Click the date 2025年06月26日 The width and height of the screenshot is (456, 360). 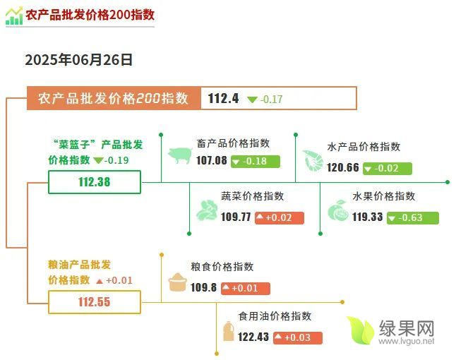[x=79, y=60]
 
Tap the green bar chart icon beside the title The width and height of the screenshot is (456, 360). [x=14, y=16]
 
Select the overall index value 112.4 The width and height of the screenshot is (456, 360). [x=223, y=98]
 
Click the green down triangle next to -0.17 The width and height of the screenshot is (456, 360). [x=252, y=100]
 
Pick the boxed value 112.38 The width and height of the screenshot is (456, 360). [x=95, y=182]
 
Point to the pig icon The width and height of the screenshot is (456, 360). [x=180, y=155]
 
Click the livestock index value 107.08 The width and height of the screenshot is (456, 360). [x=212, y=160]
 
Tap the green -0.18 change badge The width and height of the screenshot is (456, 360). [x=256, y=162]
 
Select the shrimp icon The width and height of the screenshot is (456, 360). [x=313, y=160]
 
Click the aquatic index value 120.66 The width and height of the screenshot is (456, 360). [x=343, y=167]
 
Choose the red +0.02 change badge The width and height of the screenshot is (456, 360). [x=280, y=218]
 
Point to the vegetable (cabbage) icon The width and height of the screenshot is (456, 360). [x=207, y=210]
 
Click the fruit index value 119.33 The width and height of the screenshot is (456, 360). [x=367, y=217]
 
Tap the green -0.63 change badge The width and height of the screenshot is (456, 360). [x=413, y=218]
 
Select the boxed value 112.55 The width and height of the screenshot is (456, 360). [x=95, y=302]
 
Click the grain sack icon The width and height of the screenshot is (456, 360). [x=177, y=282]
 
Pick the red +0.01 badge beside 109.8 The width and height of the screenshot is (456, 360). [x=246, y=289]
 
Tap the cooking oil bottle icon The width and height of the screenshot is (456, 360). [x=228, y=331]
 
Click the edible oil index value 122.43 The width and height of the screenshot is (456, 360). [x=253, y=337]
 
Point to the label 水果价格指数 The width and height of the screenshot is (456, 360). [x=383, y=196]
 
